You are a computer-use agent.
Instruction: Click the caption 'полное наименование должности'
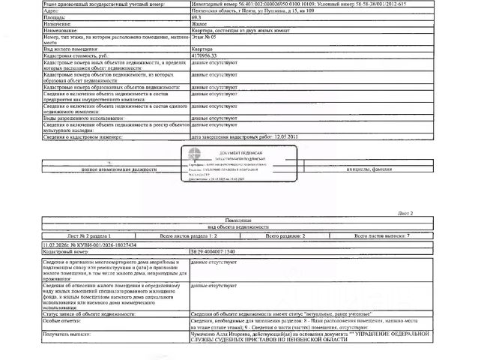pyautogui.click(x=112, y=171)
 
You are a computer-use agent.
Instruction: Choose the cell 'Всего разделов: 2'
pyautogui.click(x=281, y=235)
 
